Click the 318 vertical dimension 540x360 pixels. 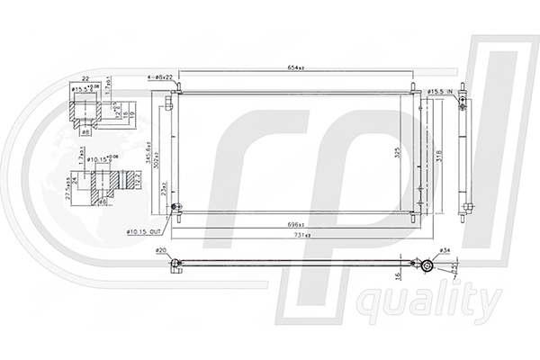(x=437, y=154)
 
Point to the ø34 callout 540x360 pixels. (x=443, y=250)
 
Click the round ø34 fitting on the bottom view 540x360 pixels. (x=428, y=265)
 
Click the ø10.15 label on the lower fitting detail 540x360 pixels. (x=100, y=159)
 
